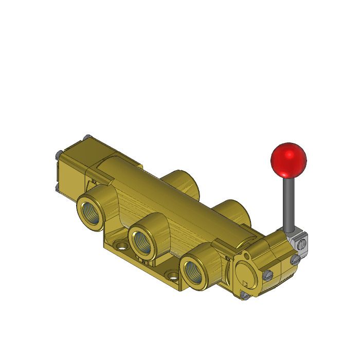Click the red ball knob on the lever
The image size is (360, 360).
(289, 159)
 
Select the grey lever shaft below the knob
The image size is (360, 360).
(288, 203)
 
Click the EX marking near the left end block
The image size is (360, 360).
(93, 181)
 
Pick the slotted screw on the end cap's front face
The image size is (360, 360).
(268, 276)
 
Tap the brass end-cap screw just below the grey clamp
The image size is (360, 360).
(295, 260)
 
